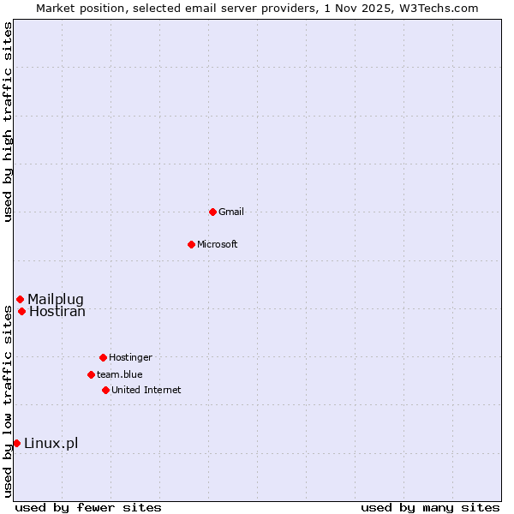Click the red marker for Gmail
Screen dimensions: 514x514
[x=212, y=212]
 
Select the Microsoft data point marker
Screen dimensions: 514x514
[x=192, y=244]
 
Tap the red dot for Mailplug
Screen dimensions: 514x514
[x=20, y=299]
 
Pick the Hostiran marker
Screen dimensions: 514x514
[x=21, y=311]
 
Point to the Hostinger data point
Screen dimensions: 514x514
[x=103, y=357]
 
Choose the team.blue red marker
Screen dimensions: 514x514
[x=91, y=374]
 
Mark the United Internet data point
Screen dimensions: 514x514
[x=105, y=390]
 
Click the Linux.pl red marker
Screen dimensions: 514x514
[x=16, y=443]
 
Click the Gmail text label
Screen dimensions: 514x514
[x=231, y=212]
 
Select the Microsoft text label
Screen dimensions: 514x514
[x=218, y=244]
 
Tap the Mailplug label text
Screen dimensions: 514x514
[x=56, y=299]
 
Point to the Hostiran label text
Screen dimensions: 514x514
[x=57, y=311]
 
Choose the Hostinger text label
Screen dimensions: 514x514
[x=130, y=357]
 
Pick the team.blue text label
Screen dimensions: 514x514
[x=120, y=374]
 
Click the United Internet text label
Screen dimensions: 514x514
[x=146, y=390]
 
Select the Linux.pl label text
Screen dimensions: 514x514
[x=51, y=443]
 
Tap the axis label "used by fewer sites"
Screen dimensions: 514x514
[x=88, y=507]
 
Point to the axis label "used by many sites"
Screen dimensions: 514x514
[x=430, y=507]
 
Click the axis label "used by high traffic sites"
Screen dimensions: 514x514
[x=8, y=122]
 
